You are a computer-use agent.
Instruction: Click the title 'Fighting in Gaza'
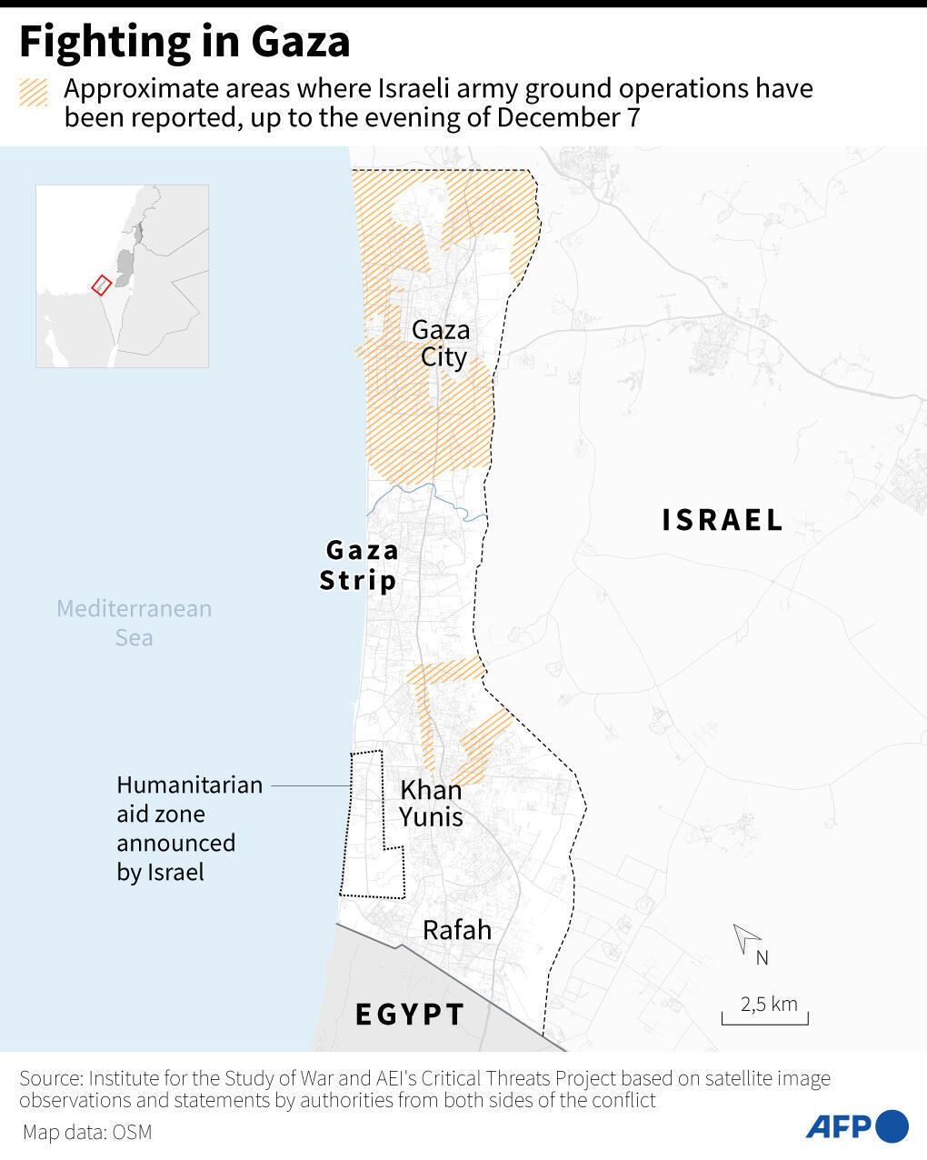click(184, 42)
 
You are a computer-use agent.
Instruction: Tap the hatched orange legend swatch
click(35, 93)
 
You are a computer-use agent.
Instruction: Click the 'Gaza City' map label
click(442, 343)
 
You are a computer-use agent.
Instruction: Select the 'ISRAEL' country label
click(723, 520)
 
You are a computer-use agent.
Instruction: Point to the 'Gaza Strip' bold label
click(360, 565)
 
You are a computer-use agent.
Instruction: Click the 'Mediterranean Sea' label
click(134, 623)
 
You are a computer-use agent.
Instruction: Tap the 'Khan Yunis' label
click(432, 804)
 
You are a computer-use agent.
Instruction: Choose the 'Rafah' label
click(457, 930)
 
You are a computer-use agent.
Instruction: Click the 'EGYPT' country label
click(410, 1015)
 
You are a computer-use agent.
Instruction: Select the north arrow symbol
click(747, 938)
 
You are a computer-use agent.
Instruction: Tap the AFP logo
click(856, 1126)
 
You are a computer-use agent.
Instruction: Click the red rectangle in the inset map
click(101, 285)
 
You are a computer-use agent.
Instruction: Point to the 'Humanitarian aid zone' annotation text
click(189, 828)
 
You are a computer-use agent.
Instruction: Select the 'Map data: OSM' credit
click(87, 1133)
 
